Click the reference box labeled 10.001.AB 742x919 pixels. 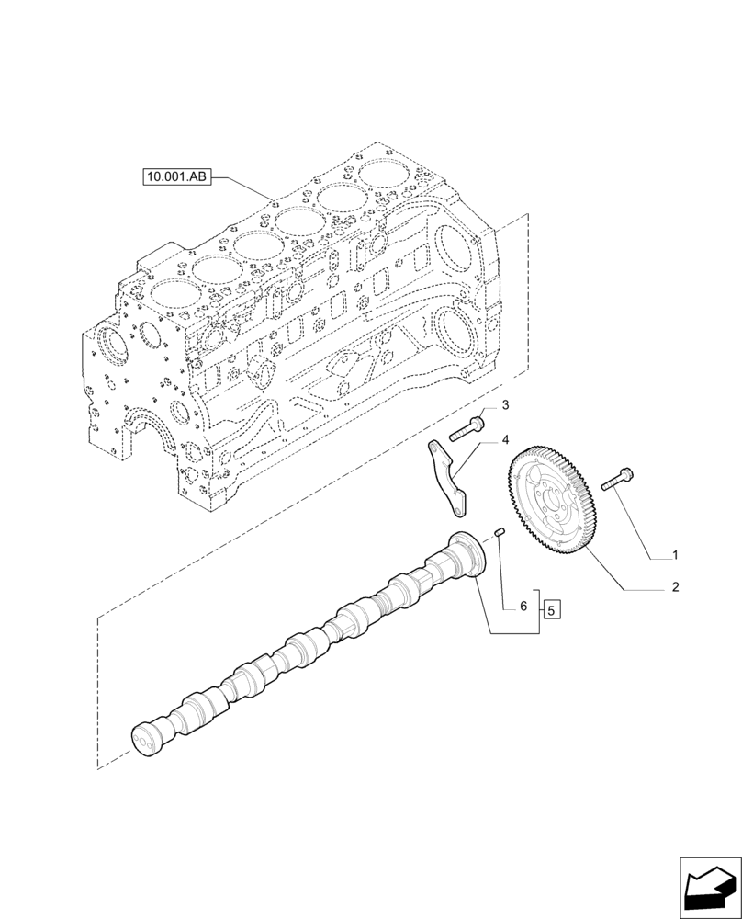(177, 176)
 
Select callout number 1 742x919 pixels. (675, 555)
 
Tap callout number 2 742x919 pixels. (675, 586)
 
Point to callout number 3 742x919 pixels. (504, 405)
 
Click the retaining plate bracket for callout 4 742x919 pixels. (447, 477)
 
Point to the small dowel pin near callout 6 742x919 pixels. (500, 532)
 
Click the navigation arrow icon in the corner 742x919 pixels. (710, 888)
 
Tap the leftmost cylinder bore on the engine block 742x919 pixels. (173, 293)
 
